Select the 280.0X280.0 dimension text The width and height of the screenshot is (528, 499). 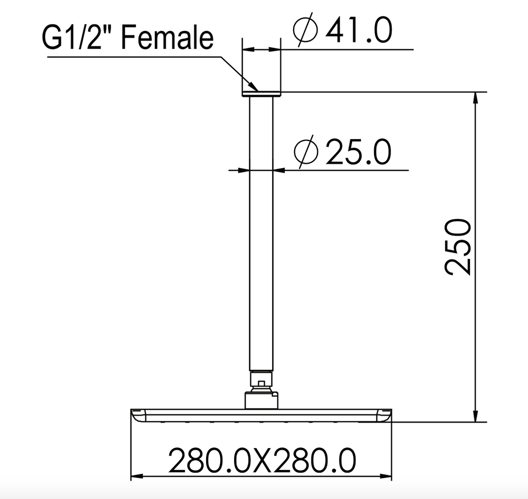pyautogui.click(x=262, y=461)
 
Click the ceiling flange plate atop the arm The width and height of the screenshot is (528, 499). pyautogui.click(x=261, y=93)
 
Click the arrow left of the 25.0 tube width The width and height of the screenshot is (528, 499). pyautogui.click(x=244, y=170)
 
